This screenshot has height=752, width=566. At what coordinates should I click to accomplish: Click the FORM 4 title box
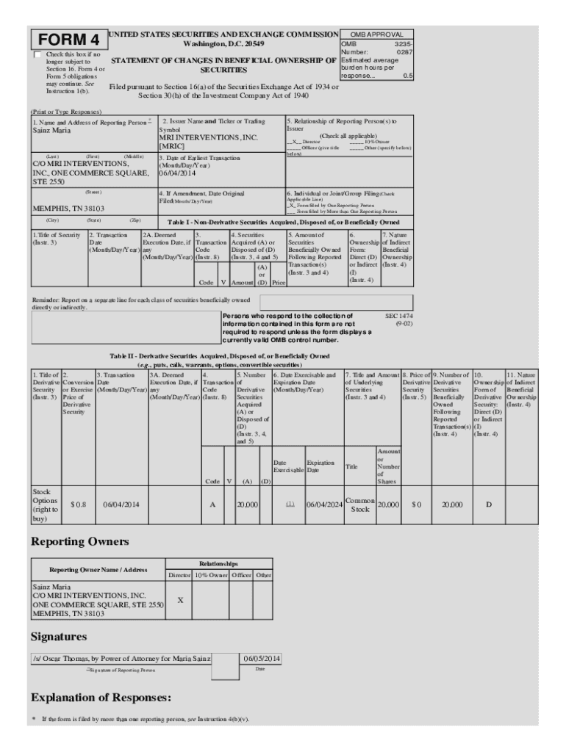(68, 40)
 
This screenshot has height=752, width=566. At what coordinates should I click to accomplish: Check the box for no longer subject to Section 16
(37, 55)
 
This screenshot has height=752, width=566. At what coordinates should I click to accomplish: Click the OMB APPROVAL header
(376, 35)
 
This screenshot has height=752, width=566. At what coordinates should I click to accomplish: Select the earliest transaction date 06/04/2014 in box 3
(179, 173)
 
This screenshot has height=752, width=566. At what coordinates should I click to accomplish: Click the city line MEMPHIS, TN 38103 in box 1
(68, 209)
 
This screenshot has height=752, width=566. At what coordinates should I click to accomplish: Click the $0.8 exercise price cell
(78, 505)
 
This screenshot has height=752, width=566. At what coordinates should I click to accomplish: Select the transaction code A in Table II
(212, 505)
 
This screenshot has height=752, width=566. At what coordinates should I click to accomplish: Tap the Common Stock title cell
(359, 505)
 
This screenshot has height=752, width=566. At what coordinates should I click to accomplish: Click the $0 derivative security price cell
(416, 505)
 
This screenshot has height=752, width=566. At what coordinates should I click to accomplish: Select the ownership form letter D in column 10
(489, 505)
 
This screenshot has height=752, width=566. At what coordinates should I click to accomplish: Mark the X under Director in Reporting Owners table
(180, 600)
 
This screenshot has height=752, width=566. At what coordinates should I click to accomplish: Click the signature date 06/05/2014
(261, 658)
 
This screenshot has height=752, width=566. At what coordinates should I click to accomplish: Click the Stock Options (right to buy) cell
(45, 505)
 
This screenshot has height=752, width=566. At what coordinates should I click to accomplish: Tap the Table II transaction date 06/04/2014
(121, 505)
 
